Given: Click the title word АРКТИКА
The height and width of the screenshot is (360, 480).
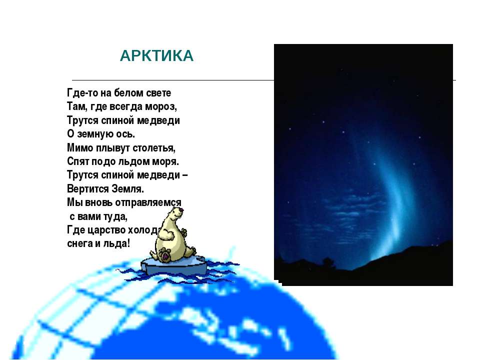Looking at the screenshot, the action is click(x=156, y=55).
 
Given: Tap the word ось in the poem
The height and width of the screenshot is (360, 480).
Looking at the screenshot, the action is click(x=125, y=134).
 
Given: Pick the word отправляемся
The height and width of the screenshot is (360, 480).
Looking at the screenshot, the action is click(x=145, y=203).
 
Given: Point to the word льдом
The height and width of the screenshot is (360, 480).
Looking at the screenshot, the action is click(x=137, y=161).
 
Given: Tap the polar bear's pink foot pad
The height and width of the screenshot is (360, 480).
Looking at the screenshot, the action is click(x=165, y=254).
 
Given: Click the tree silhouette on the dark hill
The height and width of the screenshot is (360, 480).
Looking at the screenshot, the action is click(x=328, y=262).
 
